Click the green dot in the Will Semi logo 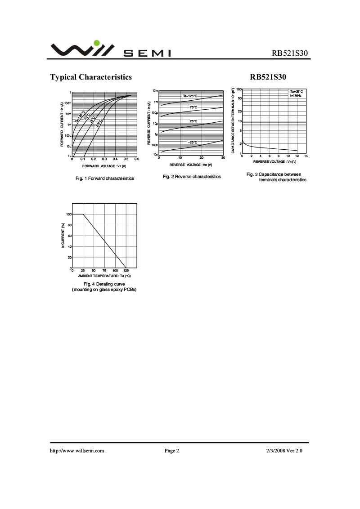click(x=96, y=43)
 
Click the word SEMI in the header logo click(x=147, y=54)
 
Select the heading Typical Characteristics click(x=91, y=77)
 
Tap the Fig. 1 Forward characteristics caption click(x=105, y=179)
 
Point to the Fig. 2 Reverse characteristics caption click(x=192, y=177)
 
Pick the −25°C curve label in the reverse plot click(x=193, y=142)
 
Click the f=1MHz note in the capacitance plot click(x=296, y=96)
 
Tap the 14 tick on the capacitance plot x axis click(x=306, y=156)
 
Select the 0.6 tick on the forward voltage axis click(x=137, y=159)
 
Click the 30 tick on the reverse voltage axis click(x=223, y=158)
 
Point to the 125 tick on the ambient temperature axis click(x=126, y=270)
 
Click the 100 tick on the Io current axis click(x=69, y=214)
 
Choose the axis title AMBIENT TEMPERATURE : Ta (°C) click(x=104, y=276)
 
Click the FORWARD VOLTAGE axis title click(x=104, y=166)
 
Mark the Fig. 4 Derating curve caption click(x=104, y=285)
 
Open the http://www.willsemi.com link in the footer click(x=77, y=451)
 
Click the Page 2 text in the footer click(x=172, y=451)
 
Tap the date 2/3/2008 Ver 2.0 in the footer click(x=284, y=451)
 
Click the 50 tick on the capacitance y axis click(x=240, y=98)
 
